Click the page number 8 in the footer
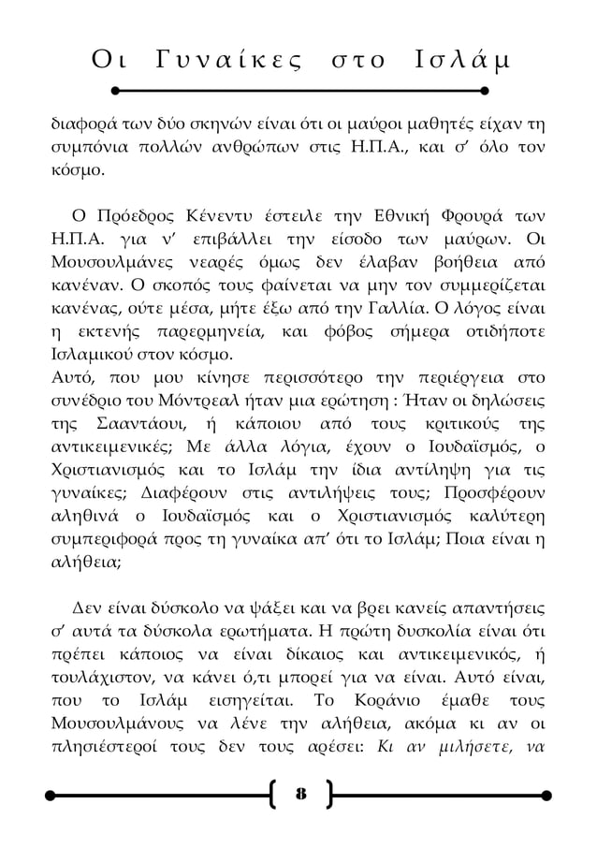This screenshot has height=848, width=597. click(300, 797)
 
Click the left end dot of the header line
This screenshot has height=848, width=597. click(115, 92)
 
